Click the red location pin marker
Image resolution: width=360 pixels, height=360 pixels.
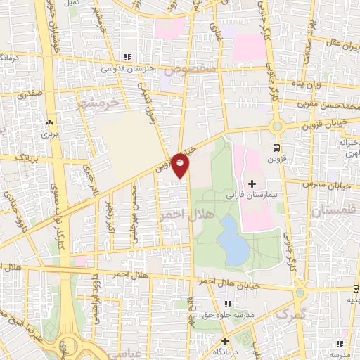(x=180, y=165)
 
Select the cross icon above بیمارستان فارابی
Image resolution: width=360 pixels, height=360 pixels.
(x=252, y=164)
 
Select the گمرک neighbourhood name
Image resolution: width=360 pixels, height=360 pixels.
(x=292, y=316)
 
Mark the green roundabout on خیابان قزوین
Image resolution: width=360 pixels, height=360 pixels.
(x=277, y=127)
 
